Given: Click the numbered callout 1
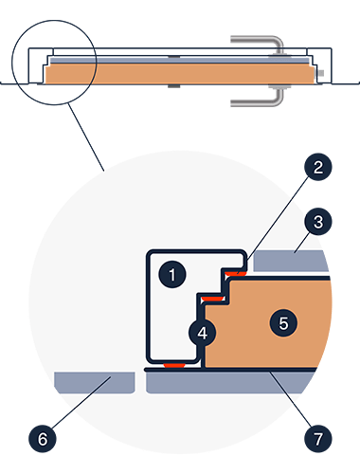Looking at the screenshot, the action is [172, 274].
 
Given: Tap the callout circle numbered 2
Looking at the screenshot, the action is [318, 167].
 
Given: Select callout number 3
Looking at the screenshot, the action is [318, 222].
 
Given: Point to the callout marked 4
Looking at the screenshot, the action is [203, 333].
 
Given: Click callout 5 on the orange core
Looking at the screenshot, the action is [283, 323].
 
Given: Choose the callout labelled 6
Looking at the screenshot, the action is [43, 439].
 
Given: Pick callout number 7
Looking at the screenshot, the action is [318, 439].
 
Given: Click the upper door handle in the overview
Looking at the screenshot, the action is [259, 45].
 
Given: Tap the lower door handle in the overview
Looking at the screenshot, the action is [259, 97].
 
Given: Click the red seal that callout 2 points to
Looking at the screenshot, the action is [236, 273].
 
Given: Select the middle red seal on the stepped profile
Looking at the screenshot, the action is [212, 299].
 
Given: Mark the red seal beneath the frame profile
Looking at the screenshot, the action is [174, 366].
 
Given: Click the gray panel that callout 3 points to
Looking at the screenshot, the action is [291, 261].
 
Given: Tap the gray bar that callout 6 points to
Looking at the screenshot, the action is [95, 383].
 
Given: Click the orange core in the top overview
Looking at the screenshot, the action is [179, 74].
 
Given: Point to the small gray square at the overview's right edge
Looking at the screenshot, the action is [321, 73].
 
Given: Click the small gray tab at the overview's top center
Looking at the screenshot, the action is [174, 57].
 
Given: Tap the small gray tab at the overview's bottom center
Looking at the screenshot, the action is [174, 86].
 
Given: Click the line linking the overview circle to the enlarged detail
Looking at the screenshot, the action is [86, 137].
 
